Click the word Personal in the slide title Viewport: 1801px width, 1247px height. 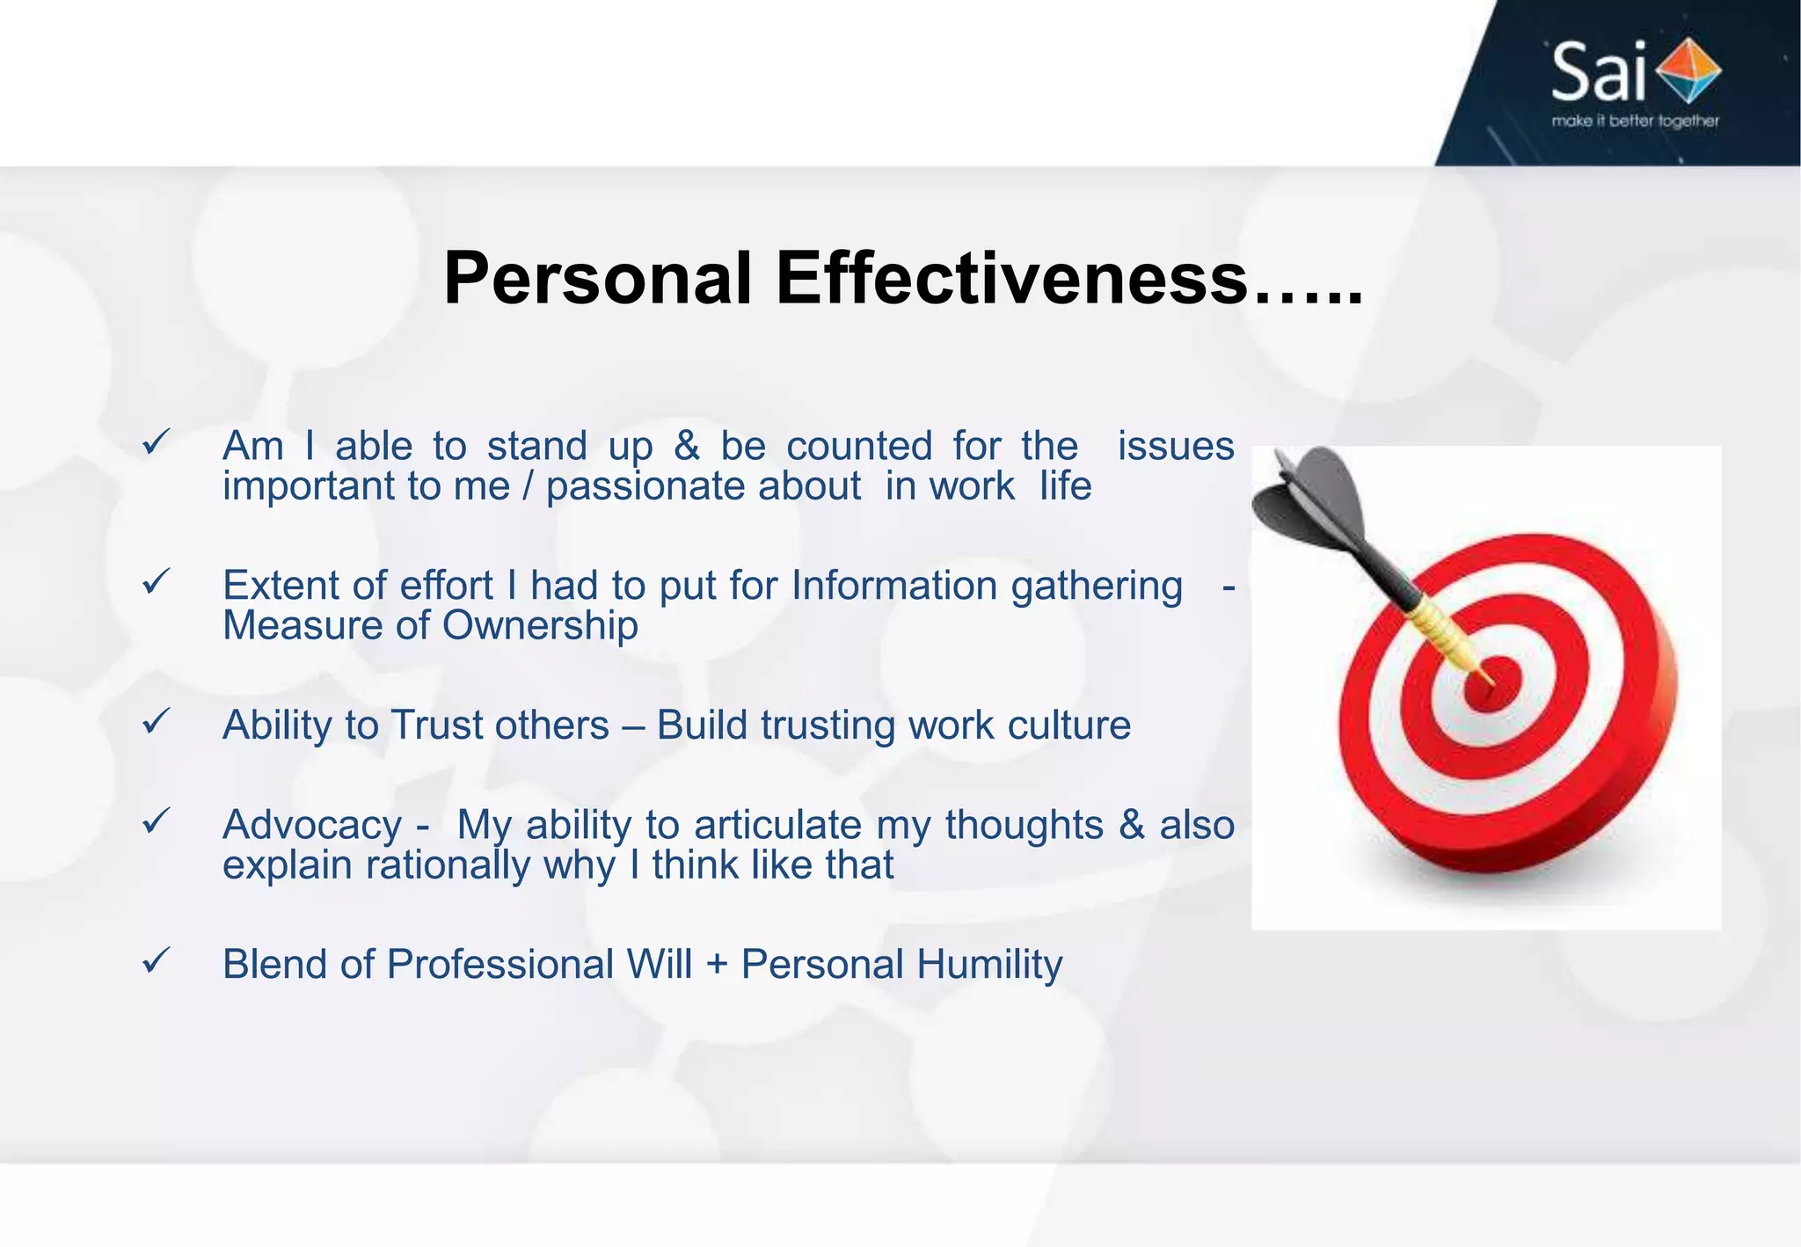click(x=597, y=280)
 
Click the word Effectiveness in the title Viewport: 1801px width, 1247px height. click(x=1011, y=280)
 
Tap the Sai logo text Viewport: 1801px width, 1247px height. click(x=1597, y=73)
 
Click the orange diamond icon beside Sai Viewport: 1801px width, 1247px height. click(x=1688, y=70)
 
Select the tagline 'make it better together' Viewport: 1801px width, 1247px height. click(x=1635, y=120)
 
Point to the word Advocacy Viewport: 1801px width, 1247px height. click(x=312, y=825)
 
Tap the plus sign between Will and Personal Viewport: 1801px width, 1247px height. click(x=717, y=966)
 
